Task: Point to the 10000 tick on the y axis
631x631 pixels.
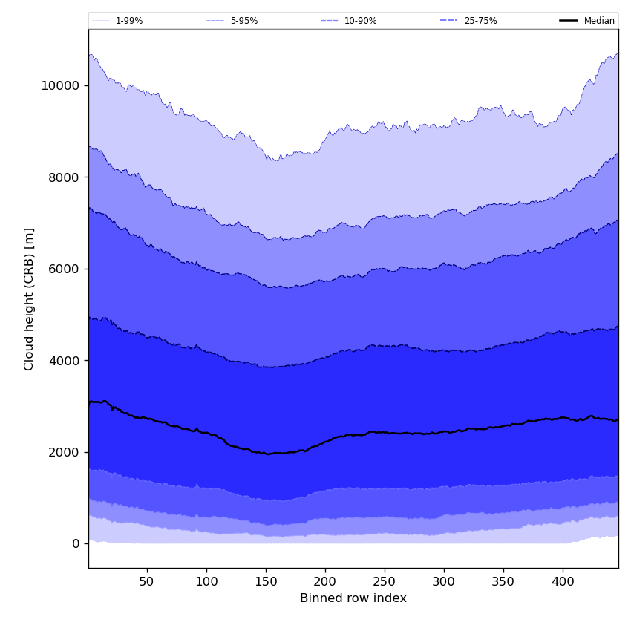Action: point(60,85)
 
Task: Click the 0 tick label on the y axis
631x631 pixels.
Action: point(75,544)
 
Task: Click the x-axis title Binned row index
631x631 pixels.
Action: point(353,598)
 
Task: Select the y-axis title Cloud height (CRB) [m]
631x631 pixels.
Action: point(30,298)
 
